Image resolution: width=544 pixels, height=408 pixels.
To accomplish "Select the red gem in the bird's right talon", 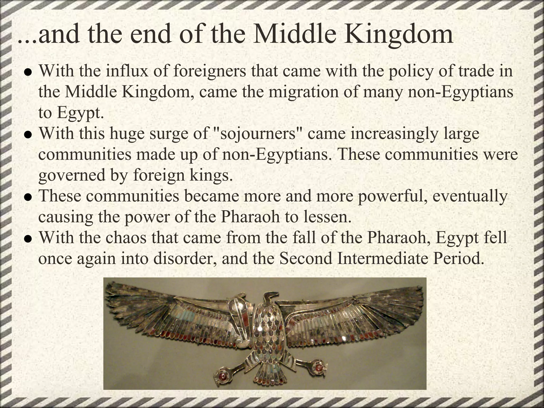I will click(x=318, y=367).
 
